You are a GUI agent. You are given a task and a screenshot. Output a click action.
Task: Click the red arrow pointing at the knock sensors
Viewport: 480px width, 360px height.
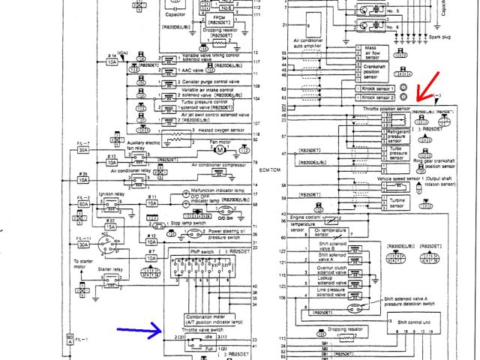pos(430,91)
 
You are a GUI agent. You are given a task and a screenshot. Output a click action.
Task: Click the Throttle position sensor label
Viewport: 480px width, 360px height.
pos(385,107)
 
